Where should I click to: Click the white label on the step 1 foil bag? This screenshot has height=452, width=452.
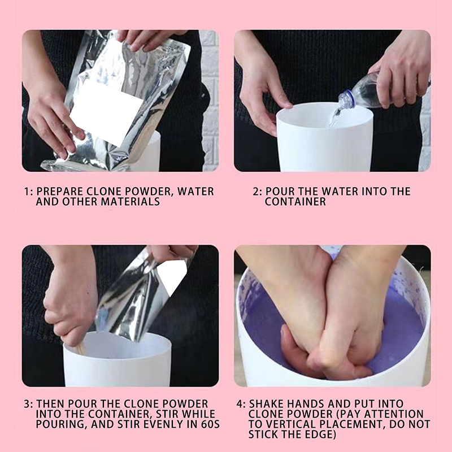(107, 112)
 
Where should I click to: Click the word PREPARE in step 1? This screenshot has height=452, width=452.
(60, 192)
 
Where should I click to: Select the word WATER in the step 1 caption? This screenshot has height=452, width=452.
(195, 192)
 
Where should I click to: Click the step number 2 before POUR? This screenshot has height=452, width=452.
(256, 192)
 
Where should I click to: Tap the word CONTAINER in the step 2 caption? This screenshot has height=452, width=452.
(295, 202)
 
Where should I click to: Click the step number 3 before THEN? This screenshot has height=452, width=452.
(27, 404)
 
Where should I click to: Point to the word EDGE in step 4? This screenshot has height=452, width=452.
(319, 434)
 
